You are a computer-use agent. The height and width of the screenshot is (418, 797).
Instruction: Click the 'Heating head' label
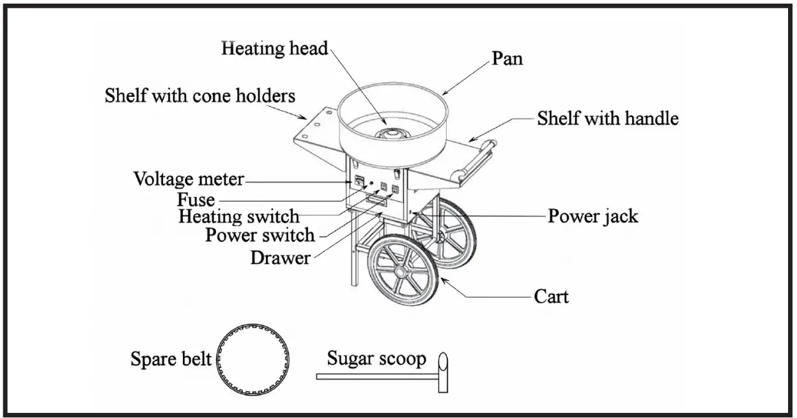coord(274,49)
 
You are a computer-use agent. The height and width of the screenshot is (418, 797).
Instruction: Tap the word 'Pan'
coord(507,59)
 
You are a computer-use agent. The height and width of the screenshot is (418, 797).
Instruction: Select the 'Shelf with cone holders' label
coord(200,96)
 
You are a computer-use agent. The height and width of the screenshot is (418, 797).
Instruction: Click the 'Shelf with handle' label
coord(607,118)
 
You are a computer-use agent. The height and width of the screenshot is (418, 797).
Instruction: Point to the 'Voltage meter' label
coord(189,179)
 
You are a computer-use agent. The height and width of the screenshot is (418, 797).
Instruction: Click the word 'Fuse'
coord(196,198)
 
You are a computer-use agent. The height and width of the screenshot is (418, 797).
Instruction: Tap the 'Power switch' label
coord(259,236)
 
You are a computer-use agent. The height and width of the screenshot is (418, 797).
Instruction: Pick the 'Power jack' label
coord(592,216)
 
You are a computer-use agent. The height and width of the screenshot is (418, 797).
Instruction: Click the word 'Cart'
coord(551,297)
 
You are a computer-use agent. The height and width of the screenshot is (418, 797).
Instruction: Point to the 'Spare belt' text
coord(171,359)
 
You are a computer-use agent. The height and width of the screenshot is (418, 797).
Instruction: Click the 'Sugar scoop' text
coord(376,358)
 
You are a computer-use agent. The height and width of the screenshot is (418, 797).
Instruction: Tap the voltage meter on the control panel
coord(360,182)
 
